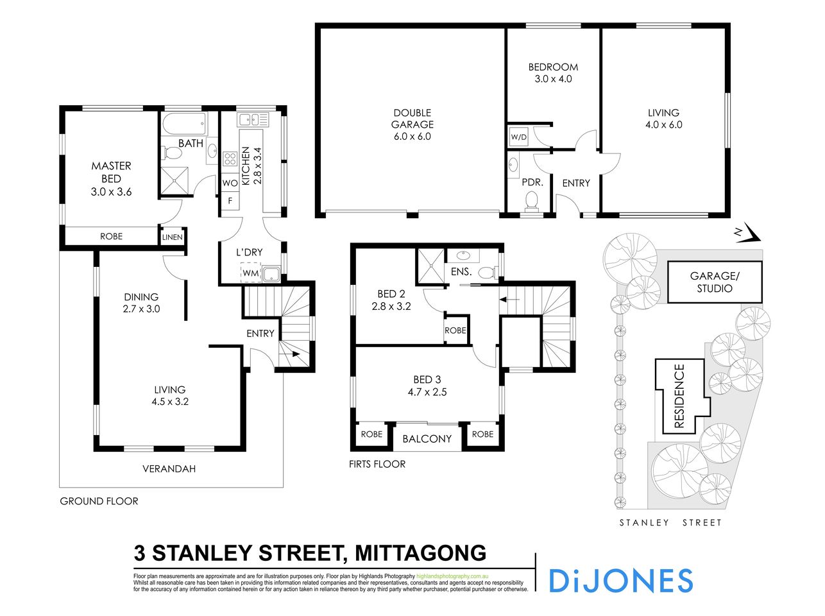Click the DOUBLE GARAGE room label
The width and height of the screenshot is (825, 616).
coord(412,124)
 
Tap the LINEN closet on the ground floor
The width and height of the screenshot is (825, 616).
coord(172,237)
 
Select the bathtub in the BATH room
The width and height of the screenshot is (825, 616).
coord(184,122)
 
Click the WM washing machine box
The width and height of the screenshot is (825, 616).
coord(250,273)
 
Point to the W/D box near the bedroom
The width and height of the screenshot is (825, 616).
coord(518,137)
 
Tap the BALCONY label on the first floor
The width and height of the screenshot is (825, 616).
coord(427,439)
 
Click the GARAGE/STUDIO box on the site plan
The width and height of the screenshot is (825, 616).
coord(715,282)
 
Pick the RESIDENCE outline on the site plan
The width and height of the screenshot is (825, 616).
coord(680,396)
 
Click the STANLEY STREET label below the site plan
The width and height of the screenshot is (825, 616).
coord(670,522)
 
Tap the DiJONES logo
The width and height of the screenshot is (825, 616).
coord(620,580)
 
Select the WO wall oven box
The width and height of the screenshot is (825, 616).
coord(230,183)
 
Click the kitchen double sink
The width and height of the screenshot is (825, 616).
coord(253,119)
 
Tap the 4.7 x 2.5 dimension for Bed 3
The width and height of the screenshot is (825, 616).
coord(427,391)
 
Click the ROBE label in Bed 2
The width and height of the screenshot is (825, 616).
coord(455,330)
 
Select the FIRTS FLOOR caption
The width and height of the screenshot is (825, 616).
coord(377,463)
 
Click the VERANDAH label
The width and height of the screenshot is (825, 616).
coord(169,468)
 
